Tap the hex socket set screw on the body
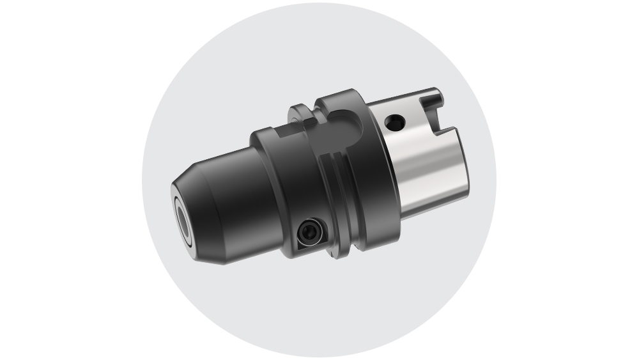(x=309, y=233)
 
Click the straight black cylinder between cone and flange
(x=256, y=192)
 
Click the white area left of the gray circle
(x=64, y=179)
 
